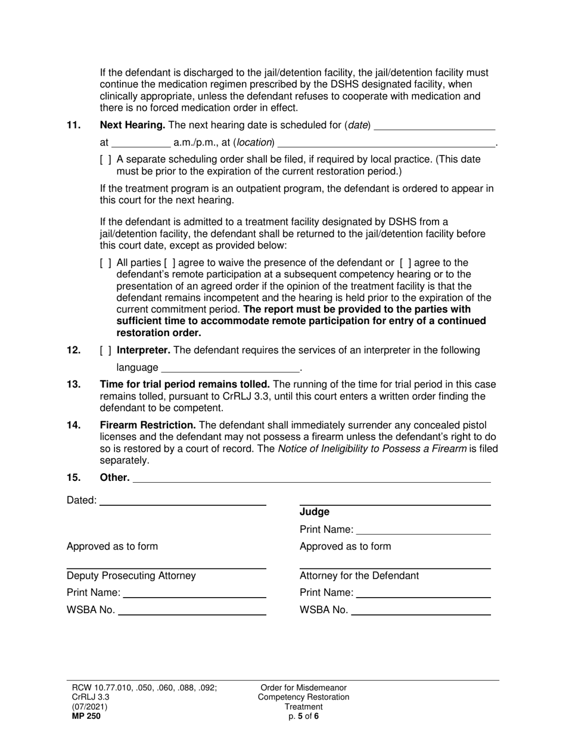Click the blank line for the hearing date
point(434,126)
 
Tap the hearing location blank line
point(387,143)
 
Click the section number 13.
point(73,384)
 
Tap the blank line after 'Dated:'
point(182,501)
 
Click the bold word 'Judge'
point(315,512)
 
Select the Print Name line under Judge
point(423,530)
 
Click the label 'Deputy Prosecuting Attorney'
point(131,576)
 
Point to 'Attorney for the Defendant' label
point(359,576)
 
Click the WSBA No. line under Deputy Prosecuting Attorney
point(192,611)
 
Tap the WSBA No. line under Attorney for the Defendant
point(421,611)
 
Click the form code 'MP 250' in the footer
point(83,716)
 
